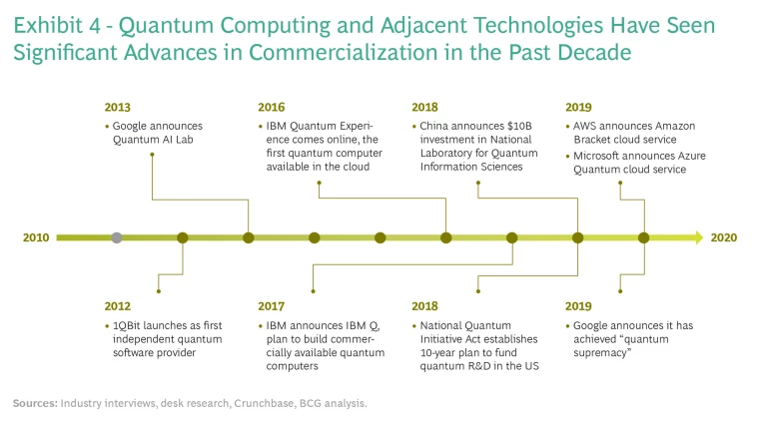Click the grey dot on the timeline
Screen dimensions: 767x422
[117, 237]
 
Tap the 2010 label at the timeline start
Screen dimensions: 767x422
[36, 237]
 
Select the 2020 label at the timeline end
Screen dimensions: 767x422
[723, 237]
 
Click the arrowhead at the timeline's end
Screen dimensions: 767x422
[698, 237]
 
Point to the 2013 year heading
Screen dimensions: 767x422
[118, 108]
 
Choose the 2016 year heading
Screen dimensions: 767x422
[271, 108]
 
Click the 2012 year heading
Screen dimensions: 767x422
[118, 306]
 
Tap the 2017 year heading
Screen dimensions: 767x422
[271, 306]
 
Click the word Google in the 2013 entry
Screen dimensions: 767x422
[129, 126]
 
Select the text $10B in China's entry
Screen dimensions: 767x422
[519, 126]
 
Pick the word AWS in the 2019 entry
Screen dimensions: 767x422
[584, 126]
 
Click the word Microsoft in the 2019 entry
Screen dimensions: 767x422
[597, 156]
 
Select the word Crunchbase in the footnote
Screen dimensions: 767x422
[265, 403]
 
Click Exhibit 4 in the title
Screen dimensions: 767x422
[57, 25]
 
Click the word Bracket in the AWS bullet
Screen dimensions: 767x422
[591, 140]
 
